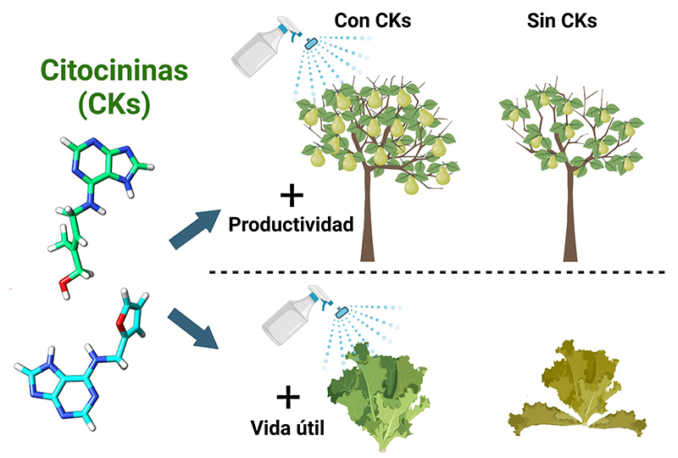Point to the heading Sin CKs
[562, 20]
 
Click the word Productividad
[289, 226]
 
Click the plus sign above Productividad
[292, 197]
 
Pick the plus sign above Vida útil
[288, 395]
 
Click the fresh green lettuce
[377, 390]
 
